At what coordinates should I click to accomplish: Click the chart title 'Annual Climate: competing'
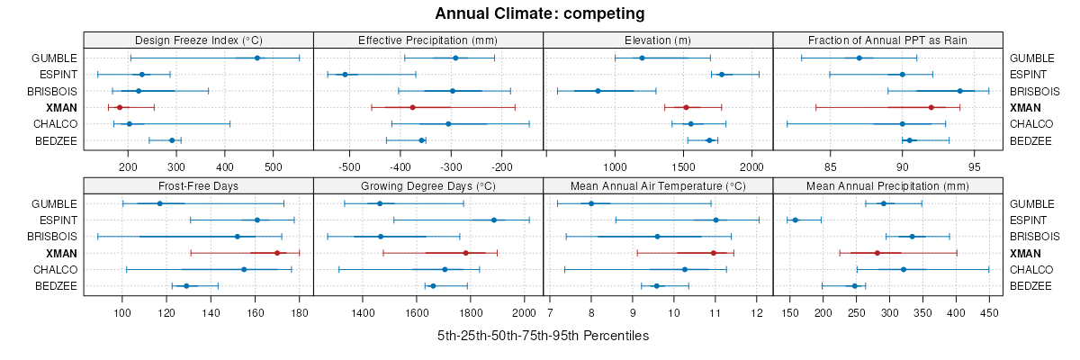coord(539,13)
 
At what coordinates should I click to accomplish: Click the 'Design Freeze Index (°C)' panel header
coord(198,40)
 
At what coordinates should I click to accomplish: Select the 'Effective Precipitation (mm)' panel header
coord(427,40)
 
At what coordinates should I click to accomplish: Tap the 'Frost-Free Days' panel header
coord(198,186)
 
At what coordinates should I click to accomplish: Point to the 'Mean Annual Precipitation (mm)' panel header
coord(887,186)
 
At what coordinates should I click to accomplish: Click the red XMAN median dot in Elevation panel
coord(686,107)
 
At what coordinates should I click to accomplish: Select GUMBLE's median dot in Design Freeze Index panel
coord(257,58)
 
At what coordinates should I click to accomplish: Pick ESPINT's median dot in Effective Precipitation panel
coord(345,74)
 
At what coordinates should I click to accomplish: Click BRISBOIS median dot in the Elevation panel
coord(598,91)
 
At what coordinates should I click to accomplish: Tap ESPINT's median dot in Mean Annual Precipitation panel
coord(795,220)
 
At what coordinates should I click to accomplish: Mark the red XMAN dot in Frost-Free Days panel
coord(277,253)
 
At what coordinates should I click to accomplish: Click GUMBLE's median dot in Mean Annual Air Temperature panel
coord(591,203)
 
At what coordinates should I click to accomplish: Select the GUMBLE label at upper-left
coord(54,58)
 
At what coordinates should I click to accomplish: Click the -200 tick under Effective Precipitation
coord(502,166)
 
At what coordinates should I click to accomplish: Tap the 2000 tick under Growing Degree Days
coord(523,313)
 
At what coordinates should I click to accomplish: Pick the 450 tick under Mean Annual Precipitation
coord(989,313)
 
